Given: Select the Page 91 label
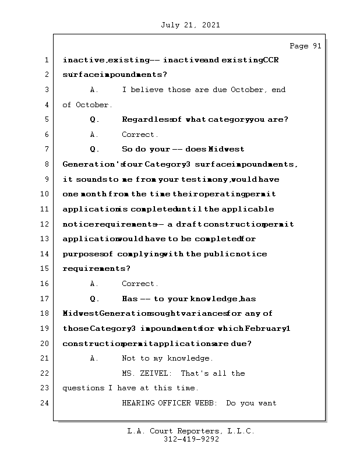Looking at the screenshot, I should tap(305, 46).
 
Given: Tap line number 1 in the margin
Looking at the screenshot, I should tap(45, 60).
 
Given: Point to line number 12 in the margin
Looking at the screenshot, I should tap(45, 224).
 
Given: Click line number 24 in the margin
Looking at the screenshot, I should tap(45, 403).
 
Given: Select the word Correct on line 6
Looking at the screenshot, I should tap(139, 135).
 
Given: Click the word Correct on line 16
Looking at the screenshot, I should tap(139, 284).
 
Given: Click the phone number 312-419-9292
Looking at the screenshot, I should tap(191, 440).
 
